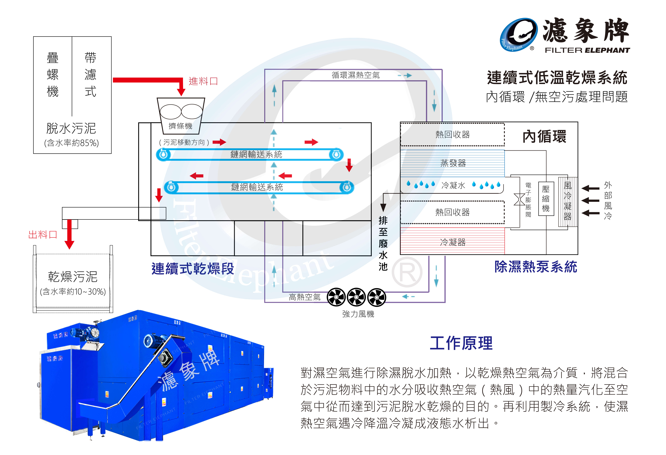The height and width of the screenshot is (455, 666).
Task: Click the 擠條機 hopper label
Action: (181, 126)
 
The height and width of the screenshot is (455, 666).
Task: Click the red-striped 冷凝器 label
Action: (453, 242)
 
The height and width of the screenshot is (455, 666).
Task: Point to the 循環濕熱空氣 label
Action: (356, 75)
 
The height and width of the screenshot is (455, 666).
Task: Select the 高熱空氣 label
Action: (305, 297)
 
